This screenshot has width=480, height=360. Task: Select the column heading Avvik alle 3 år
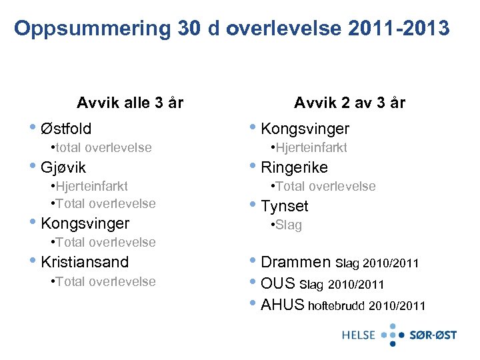coord(130,103)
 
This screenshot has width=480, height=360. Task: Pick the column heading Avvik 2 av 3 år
coord(349,103)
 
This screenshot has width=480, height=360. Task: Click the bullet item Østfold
coord(66,128)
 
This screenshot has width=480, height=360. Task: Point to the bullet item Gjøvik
coord(63,167)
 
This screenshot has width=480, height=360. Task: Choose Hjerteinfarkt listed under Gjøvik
coord(92,186)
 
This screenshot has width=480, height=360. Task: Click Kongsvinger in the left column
coord(85,223)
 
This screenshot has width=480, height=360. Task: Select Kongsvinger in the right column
coord(305,128)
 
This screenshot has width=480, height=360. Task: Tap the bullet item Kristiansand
coord(85,262)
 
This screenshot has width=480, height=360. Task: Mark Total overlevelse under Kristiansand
coord(106,281)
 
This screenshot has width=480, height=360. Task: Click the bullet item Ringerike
coord(294,167)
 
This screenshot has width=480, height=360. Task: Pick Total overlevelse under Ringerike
coord(326,186)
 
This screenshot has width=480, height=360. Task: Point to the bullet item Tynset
coord(285,206)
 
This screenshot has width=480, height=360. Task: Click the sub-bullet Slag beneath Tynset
coord(289,225)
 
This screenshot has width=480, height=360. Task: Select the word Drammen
coord(295,262)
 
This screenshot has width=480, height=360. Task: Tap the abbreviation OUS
coord(278,283)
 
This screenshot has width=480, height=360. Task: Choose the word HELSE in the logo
coord(359,335)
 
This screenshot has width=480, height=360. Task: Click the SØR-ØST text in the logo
coord(433,335)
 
